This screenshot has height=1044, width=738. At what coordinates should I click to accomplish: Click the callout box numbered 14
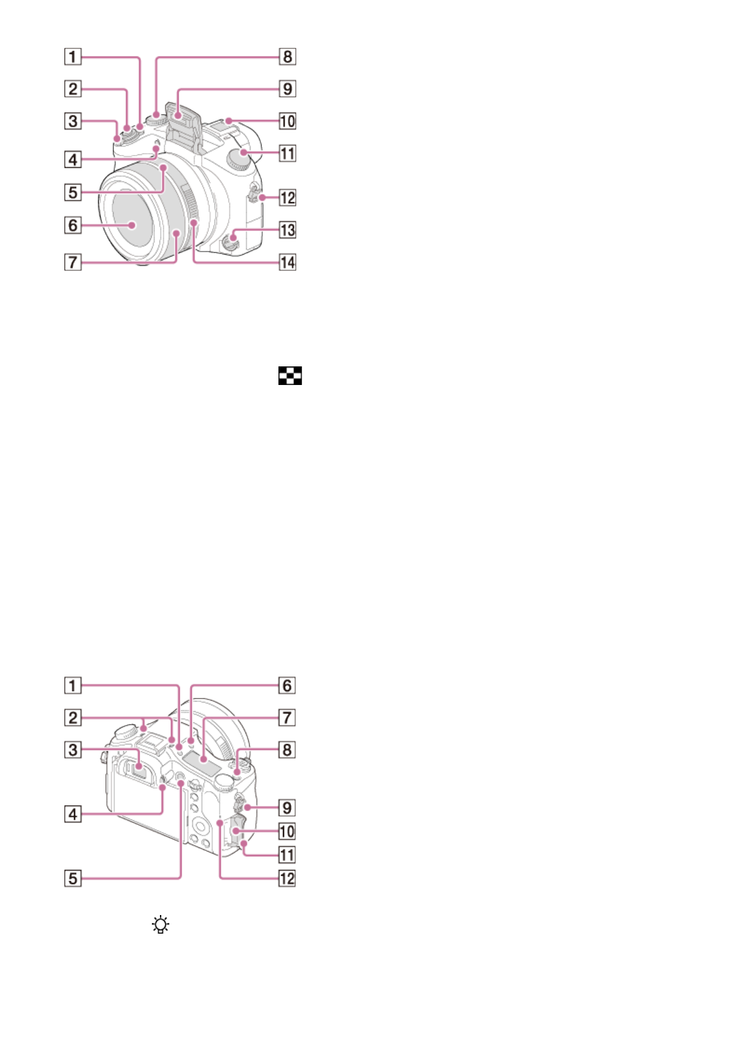(287, 262)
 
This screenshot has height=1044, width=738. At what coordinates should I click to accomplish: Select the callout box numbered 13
(287, 230)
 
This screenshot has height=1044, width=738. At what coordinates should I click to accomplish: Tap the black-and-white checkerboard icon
(290, 376)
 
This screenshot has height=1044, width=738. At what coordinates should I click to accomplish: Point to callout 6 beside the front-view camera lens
(73, 225)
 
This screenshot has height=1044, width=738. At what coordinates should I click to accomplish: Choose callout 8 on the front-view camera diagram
(287, 56)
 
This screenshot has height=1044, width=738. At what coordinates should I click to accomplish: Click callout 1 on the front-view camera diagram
(73, 56)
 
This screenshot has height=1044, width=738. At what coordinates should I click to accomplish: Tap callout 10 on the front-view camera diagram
(287, 121)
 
